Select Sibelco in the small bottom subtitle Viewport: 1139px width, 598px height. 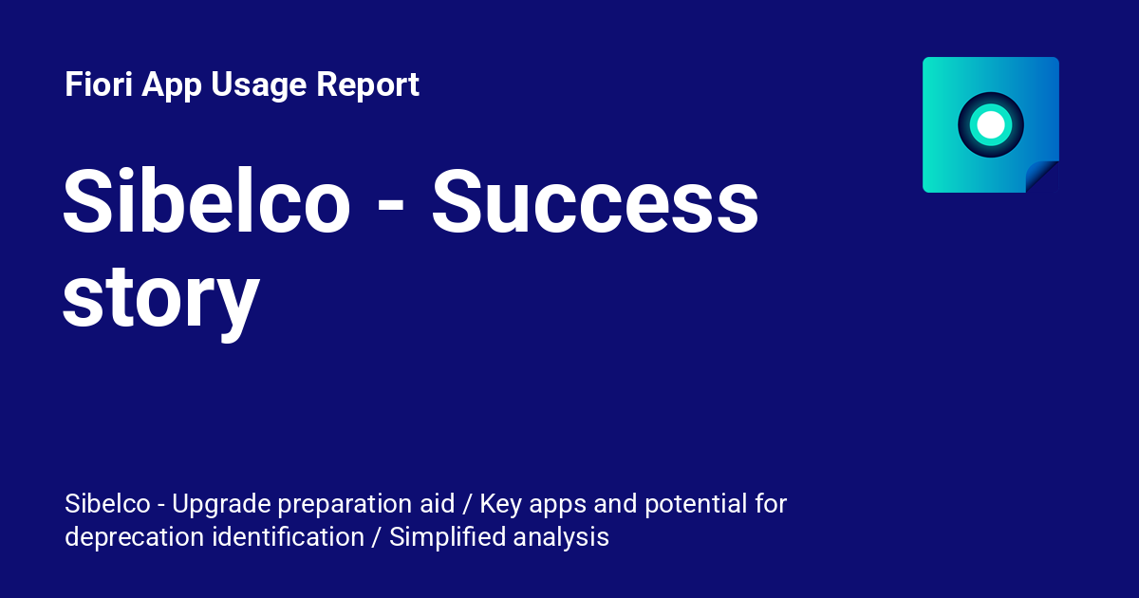point(101,503)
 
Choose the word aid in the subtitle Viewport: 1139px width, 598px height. point(439,503)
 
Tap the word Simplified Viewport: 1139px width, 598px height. point(447,537)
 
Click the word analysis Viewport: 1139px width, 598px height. point(561,537)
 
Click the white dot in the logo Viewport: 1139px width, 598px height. point(991,124)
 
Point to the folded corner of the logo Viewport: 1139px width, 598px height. point(1042,177)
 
